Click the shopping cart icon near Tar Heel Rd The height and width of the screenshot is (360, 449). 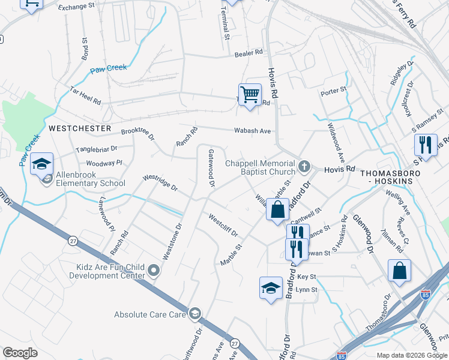(x=250, y=94)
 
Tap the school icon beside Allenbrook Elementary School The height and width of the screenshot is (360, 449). (x=41, y=164)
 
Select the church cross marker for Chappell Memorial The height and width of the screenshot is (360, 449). (x=304, y=165)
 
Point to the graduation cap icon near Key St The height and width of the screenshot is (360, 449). (x=271, y=288)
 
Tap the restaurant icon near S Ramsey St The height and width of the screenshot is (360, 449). (x=425, y=145)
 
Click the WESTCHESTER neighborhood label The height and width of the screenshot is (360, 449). (x=80, y=128)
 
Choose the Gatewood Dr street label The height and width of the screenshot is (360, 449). (x=211, y=168)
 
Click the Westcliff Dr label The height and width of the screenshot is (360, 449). (x=223, y=226)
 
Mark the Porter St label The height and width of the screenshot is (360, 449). (x=334, y=91)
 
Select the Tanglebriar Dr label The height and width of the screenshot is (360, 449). (x=96, y=148)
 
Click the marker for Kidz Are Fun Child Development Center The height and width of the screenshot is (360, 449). (x=154, y=271)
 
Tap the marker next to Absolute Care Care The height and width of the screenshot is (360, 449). (x=195, y=314)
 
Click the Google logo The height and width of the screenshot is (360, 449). (x=20, y=353)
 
